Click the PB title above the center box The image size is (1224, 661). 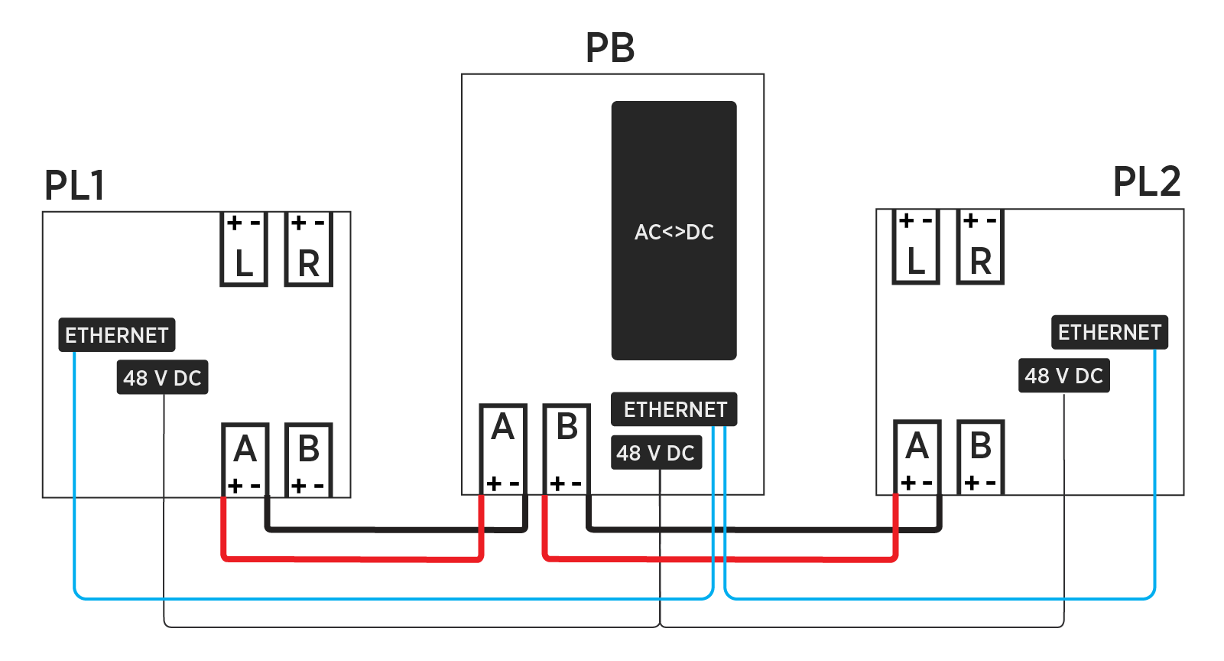tap(609, 47)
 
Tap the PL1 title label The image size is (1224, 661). tap(74, 185)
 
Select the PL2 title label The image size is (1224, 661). tap(1146, 182)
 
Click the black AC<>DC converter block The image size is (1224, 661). tap(674, 230)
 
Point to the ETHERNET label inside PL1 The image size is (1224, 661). tap(117, 335)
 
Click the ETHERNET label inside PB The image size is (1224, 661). tap(674, 409)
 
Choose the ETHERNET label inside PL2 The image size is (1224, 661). tap(1109, 332)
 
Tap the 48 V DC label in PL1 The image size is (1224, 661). tap(162, 377)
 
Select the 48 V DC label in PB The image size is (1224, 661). tap(656, 453)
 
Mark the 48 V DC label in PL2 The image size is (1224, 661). tap(1063, 376)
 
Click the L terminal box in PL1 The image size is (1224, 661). tap(244, 249)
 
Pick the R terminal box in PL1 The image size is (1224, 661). tap(308, 249)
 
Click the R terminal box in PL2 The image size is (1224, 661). tap(980, 247)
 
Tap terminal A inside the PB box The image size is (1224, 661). tap(503, 448)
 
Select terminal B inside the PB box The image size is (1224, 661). tap(567, 448)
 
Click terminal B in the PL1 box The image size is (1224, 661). tap(309, 459)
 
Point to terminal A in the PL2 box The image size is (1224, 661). tap(917, 456)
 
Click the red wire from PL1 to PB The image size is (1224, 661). tap(352, 558)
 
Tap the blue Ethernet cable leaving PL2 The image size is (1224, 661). tap(1154, 474)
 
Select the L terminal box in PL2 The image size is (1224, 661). tap(916, 247)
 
